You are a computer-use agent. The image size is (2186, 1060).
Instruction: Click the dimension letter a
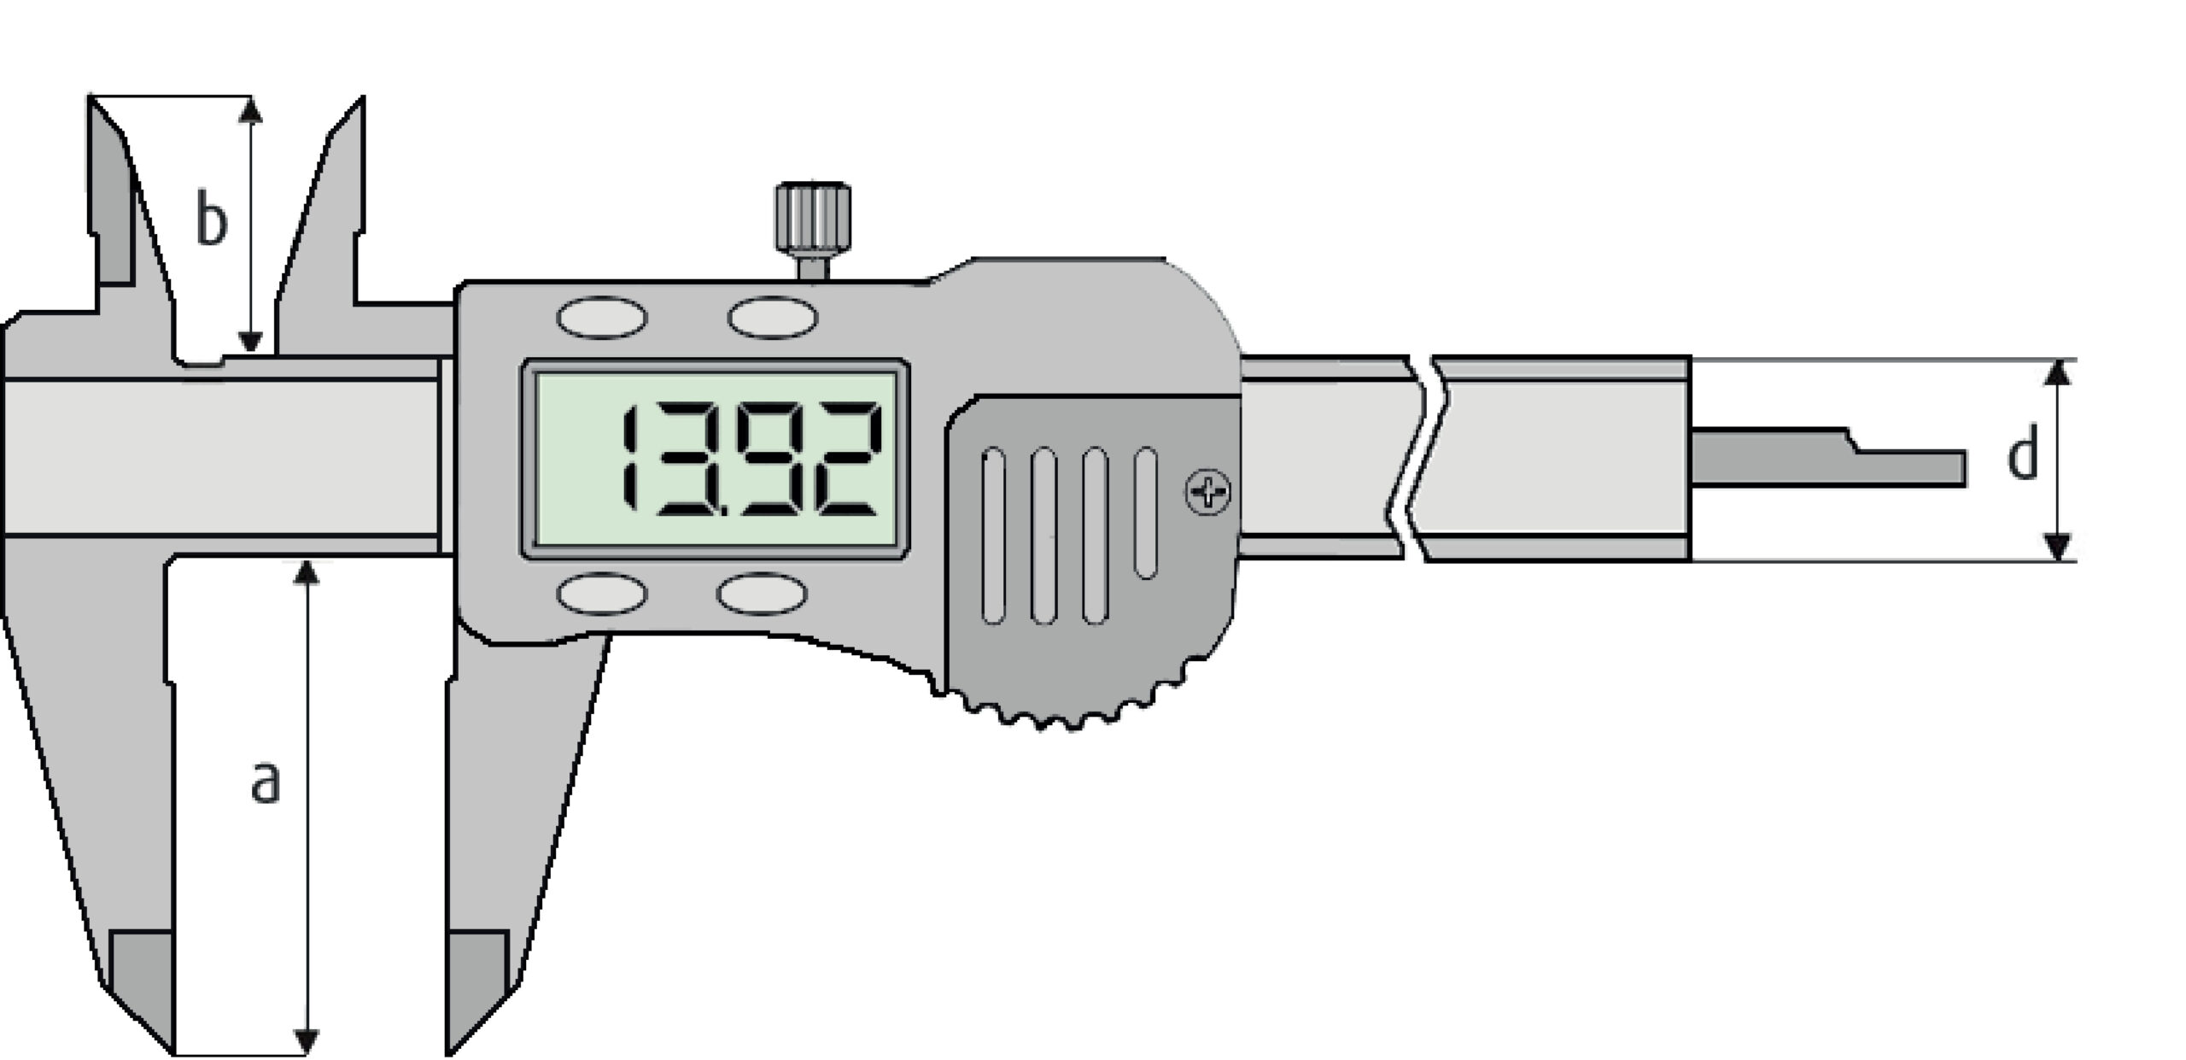(x=266, y=783)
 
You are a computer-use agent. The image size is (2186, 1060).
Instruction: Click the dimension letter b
(x=212, y=219)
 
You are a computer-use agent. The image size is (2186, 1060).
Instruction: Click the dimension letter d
(x=2021, y=457)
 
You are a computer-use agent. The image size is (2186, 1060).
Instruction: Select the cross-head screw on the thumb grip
(x=1208, y=492)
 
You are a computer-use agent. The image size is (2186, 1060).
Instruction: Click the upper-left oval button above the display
(x=602, y=318)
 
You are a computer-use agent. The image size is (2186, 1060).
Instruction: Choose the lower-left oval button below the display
(x=602, y=594)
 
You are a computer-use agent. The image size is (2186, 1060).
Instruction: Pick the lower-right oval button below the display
(x=762, y=594)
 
